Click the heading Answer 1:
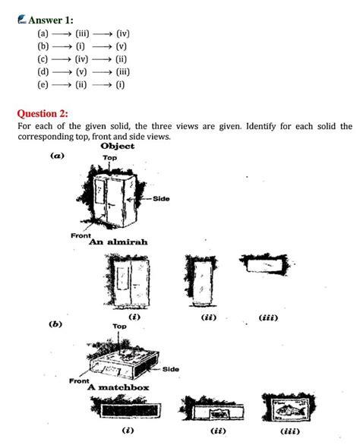pyautogui.click(x=56, y=19)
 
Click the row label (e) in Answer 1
pyautogui.click(x=43, y=84)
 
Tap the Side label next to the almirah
pyautogui.click(x=161, y=199)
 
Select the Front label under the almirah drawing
pyautogui.click(x=81, y=235)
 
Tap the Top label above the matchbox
pyautogui.click(x=120, y=326)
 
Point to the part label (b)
pyautogui.click(x=55, y=324)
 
